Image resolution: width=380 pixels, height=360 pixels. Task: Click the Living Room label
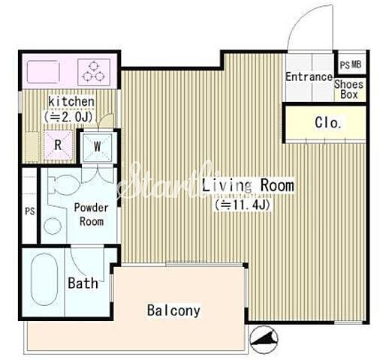tap(248, 185)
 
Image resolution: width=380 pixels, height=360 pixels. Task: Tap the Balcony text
tap(173, 310)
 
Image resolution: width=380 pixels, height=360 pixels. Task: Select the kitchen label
tap(71, 102)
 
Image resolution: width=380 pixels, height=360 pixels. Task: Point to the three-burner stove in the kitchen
tap(94, 72)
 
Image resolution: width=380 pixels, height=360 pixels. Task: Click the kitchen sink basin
tap(43, 72)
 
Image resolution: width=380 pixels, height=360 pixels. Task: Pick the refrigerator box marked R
tap(58, 145)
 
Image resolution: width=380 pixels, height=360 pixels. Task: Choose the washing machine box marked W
tap(98, 146)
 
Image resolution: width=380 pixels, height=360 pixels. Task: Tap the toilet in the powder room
tap(64, 185)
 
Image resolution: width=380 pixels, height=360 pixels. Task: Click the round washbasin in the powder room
tap(53, 226)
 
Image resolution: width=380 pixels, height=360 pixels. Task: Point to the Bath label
tap(83, 283)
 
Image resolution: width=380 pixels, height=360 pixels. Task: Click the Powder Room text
tap(92, 214)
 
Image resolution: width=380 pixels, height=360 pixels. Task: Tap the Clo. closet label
tap(328, 123)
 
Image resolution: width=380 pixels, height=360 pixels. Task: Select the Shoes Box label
tap(349, 89)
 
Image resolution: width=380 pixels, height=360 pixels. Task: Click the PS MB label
tap(351, 65)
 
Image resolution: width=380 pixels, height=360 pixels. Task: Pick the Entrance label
tap(309, 76)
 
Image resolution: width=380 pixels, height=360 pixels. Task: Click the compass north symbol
tap(264, 339)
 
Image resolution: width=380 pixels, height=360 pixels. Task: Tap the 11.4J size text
tap(243, 205)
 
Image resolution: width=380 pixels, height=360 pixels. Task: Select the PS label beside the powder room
tap(30, 211)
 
